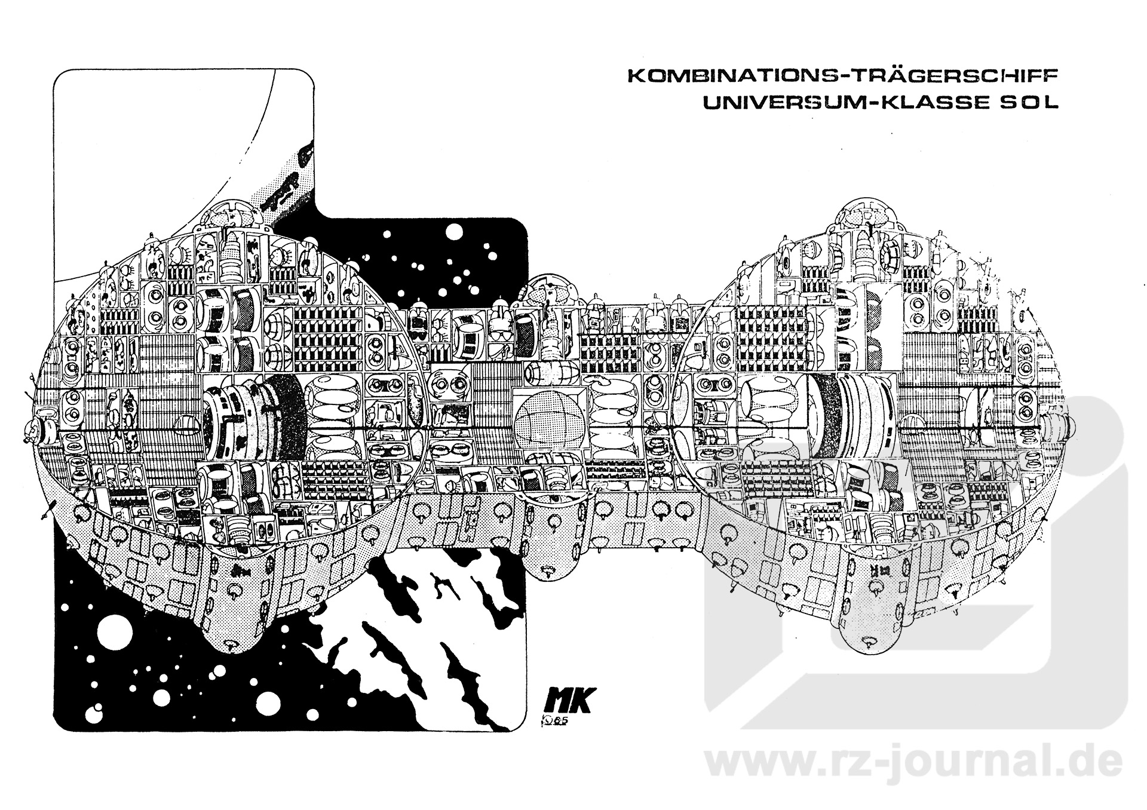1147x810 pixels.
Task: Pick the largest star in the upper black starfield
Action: tap(455, 232)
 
